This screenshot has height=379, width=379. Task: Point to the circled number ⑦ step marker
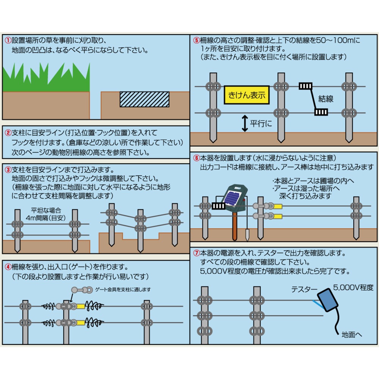click(196, 252)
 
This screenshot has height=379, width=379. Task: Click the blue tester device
click(327, 299)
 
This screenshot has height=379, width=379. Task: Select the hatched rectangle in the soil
click(144, 99)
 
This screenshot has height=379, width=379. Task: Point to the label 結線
click(326, 99)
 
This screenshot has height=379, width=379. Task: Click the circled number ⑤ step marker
click(196, 39)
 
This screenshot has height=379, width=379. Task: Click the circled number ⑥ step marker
click(196, 157)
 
